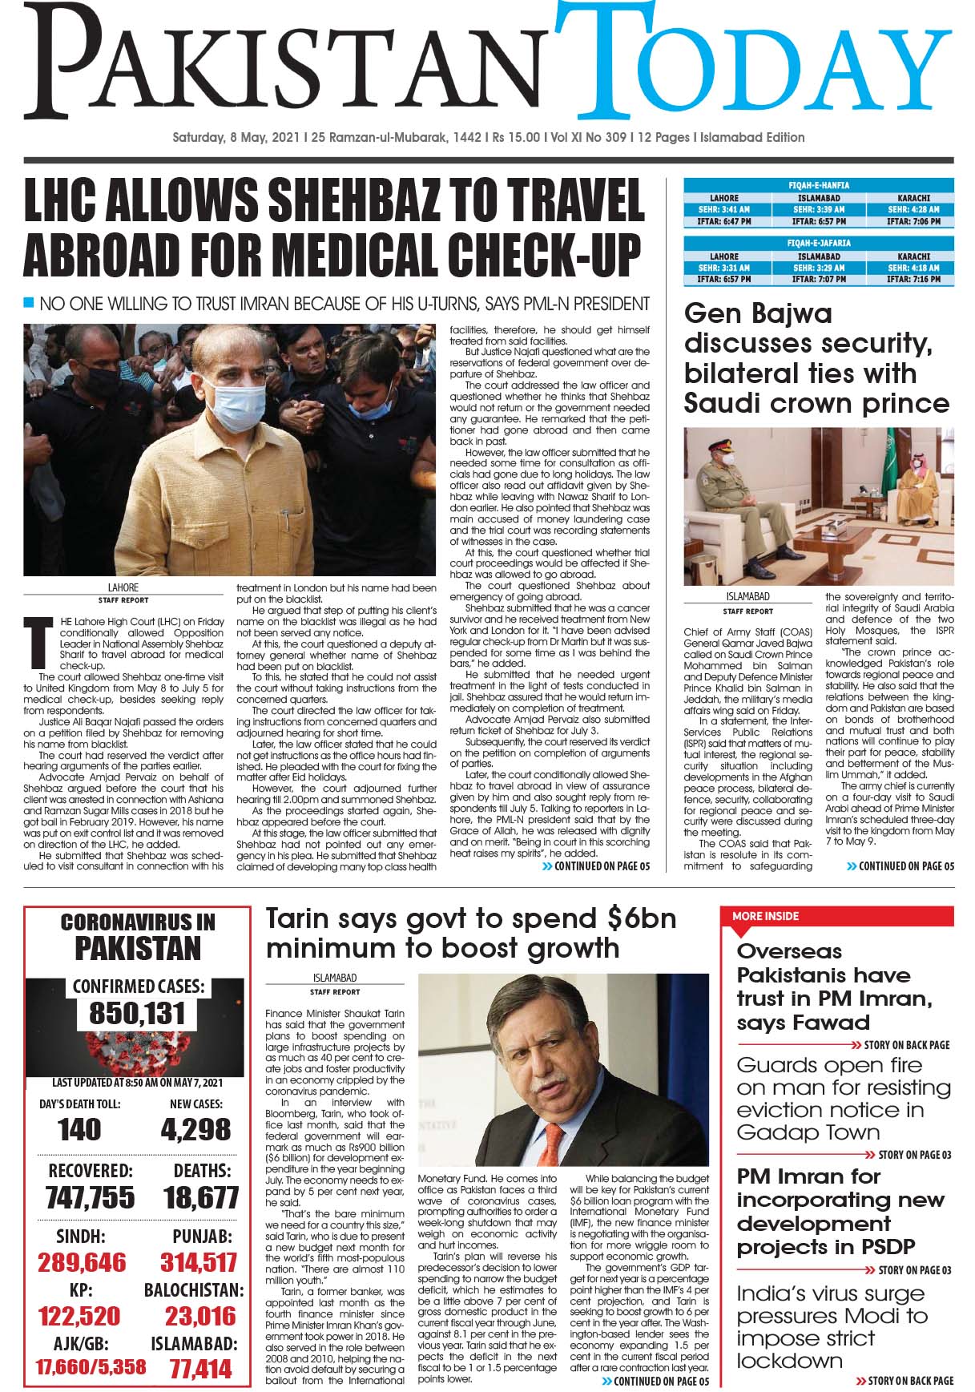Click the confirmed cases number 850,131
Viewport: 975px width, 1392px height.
(x=137, y=1014)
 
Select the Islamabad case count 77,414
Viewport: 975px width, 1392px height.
(x=200, y=1368)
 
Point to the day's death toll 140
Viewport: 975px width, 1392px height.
(x=80, y=1129)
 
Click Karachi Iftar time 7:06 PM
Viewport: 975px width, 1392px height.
(x=913, y=220)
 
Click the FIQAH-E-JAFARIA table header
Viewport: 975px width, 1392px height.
(x=819, y=243)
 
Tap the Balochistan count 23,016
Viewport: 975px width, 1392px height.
(x=200, y=1315)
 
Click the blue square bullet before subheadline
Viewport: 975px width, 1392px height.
(x=30, y=303)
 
